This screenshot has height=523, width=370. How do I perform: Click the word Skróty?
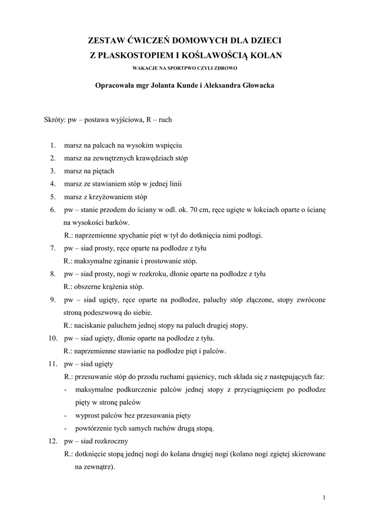tap(54, 120)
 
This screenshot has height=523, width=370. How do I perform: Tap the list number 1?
tap(53, 146)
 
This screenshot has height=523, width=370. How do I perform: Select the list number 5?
tap(53, 197)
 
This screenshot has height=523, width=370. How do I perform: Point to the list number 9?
tap(53, 299)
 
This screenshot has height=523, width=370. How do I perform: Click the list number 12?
tap(52, 440)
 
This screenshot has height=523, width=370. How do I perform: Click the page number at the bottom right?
tap(324, 498)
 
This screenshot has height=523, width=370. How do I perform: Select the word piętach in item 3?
tap(103, 171)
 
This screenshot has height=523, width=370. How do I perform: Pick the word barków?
tap(118, 223)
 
